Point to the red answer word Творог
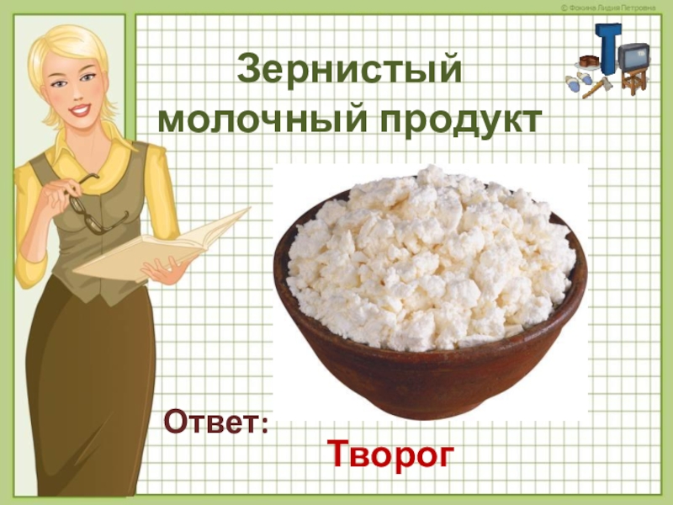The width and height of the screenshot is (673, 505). (390, 455)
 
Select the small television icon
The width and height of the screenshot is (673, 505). (633, 56)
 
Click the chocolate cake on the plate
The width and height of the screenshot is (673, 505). (588, 61)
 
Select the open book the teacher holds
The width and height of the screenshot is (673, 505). (160, 244)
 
